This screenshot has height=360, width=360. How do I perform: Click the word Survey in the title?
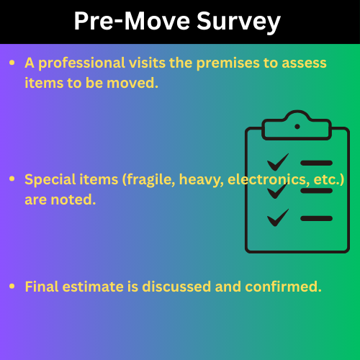point(238,22)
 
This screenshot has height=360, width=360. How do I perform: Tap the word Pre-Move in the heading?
point(132,21)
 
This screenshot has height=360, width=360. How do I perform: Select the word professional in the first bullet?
point(81,63)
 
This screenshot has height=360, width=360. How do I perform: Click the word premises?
point(228,63)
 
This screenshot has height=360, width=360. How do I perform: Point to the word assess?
point(304,63)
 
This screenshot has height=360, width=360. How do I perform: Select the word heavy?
point(202,180)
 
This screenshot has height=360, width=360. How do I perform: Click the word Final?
point(42,287)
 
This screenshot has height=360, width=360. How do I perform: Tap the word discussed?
point(176,287)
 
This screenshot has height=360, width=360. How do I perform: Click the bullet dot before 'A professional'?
point(12,63)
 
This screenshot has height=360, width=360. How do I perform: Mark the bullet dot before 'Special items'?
point(12,179)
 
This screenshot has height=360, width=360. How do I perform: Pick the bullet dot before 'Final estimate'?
point(12,286)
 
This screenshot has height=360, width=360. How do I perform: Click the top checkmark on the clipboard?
point(278,163)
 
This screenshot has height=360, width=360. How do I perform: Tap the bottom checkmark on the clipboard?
point(278,218)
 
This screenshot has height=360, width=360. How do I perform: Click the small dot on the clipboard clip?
point(297,127)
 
